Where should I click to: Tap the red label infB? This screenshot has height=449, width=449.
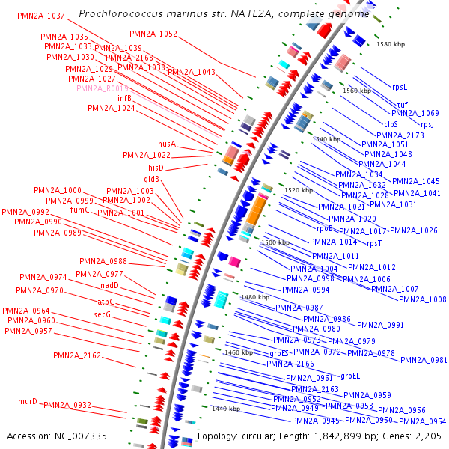click(x=124, y=98)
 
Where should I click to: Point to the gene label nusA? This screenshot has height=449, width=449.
click(x=166, y=144)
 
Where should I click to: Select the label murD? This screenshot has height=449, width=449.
click(x=28, y=401)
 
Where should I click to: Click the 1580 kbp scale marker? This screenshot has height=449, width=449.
click(x=389, y=44)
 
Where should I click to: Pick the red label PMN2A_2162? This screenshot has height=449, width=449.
click(x=77, y=356)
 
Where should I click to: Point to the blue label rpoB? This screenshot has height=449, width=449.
click(x=325, y=229)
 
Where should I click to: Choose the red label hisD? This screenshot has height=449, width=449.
click(x=156, y=168)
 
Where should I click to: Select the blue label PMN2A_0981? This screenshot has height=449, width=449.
click(x=424, y=360)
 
